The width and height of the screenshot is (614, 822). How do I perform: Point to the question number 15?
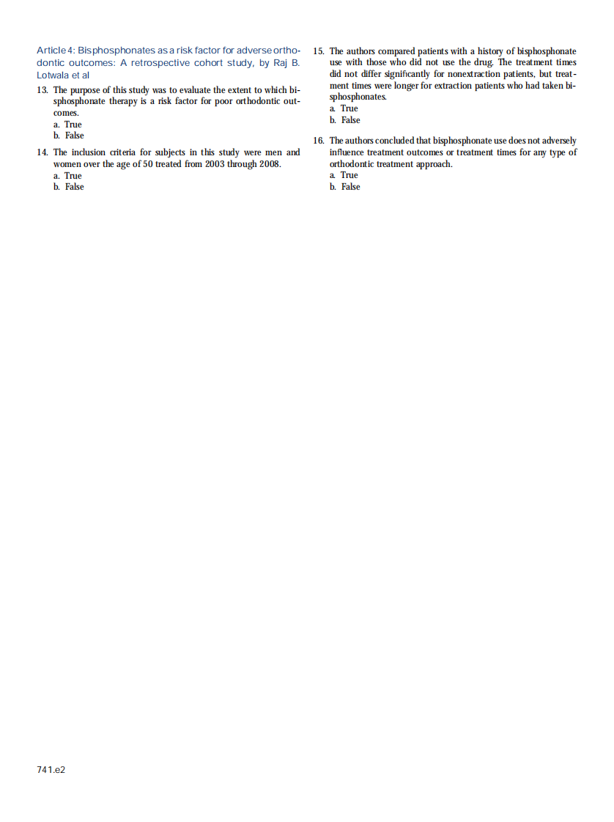coord(318,51)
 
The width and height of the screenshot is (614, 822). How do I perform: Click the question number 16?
coord(318,141)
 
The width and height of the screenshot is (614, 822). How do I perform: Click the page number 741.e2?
coord(51,770)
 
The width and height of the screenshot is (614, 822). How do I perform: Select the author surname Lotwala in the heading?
coord(53,75)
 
